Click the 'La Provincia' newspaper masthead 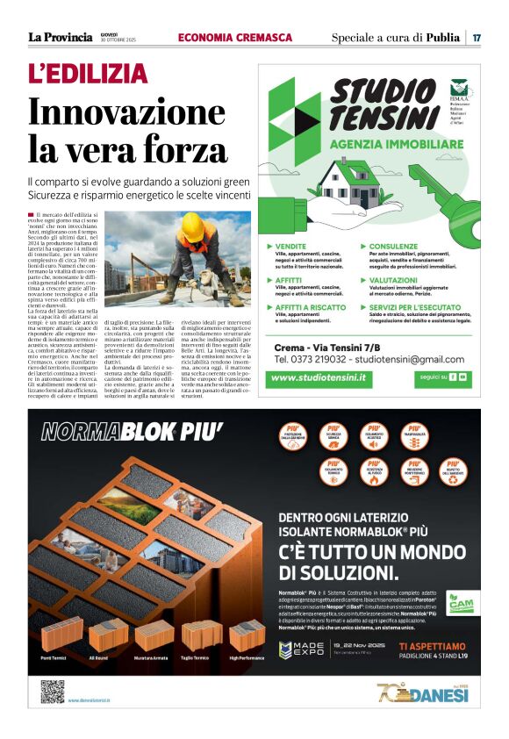[60, 38]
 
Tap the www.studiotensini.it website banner [319, 377]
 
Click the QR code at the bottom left [53, 692]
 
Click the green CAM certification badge [460, 606]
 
